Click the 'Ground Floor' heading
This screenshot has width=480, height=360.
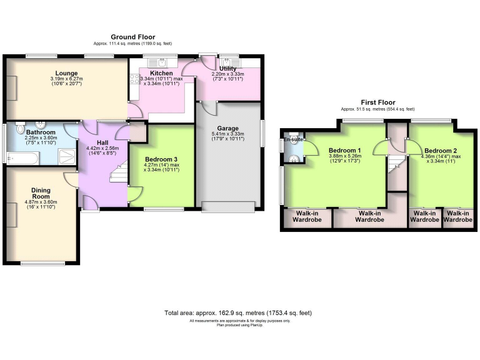pos(132,37)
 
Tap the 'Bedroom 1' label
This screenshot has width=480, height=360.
pos(345,151)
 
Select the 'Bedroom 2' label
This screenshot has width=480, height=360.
pos(441,151)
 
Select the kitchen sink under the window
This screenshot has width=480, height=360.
pos(161,62)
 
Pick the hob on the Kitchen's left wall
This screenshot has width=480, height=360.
pos(134,79)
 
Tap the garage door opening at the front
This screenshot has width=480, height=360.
pos(227,207)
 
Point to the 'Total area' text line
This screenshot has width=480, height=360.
pos(237,312)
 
